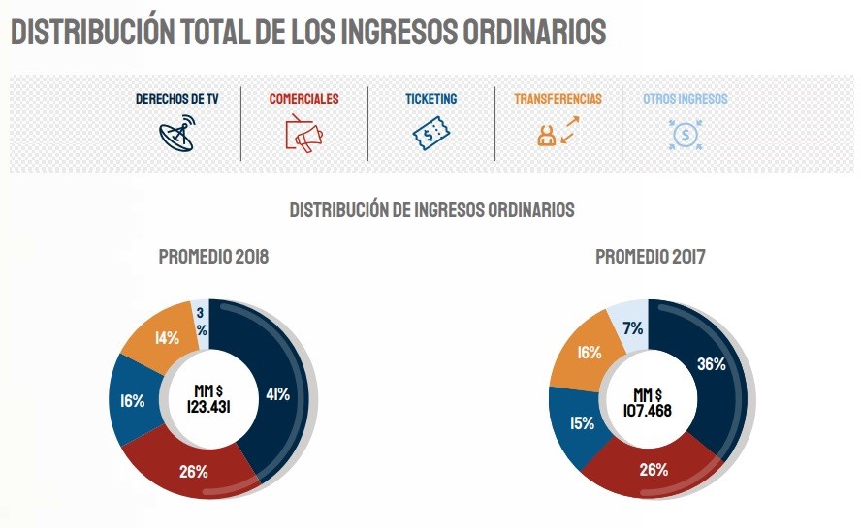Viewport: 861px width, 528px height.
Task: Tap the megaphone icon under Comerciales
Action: click(x=303, y=134)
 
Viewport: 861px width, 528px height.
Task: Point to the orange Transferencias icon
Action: click(x=557, y=132)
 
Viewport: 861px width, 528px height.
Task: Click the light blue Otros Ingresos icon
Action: click(x=685, y=133)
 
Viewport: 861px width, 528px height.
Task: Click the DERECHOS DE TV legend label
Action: click(x=175, y=99)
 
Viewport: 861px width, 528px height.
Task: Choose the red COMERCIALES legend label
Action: click(x=303, y=99)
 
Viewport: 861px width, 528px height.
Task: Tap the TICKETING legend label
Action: click(x=431, y=99)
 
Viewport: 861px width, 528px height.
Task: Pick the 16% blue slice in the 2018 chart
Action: click(x=134, y=400)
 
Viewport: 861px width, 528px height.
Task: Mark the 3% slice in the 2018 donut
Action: click(x=201, y=320)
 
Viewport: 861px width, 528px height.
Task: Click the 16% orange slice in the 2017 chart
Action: click(x=588, y=353)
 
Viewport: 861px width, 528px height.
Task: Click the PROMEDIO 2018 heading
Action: click(x=213, y=258)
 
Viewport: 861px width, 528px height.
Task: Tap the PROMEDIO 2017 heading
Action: click(x=650, y=258)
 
